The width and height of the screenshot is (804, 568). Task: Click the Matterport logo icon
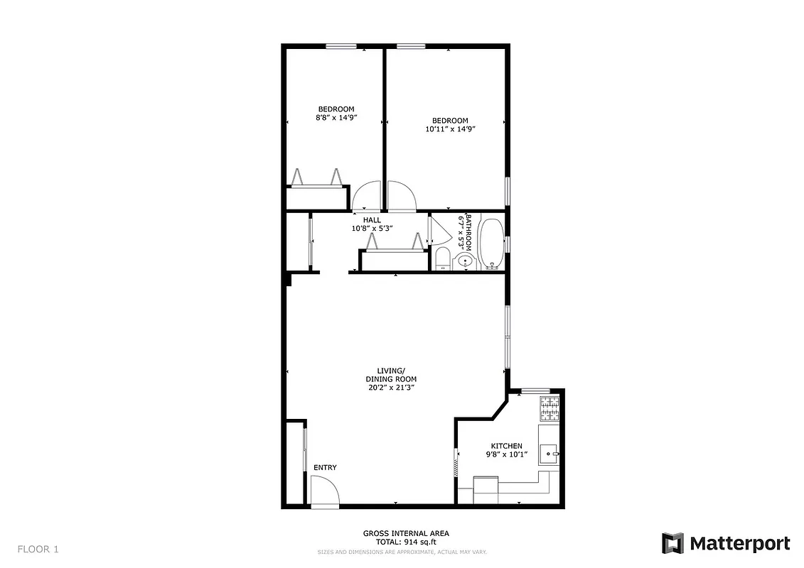pos(672,543)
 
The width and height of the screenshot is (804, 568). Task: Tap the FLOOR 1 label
pos(38,549)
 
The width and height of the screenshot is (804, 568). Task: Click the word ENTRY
pos(325,467)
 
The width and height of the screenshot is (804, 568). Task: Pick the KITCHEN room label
pos(506,446)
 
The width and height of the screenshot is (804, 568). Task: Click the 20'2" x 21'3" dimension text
pos(391,388)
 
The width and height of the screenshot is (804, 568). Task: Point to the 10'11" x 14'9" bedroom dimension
pos(449,129)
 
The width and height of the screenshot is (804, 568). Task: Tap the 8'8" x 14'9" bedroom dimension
pos(336,118)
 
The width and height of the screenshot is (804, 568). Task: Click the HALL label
pos(372,220)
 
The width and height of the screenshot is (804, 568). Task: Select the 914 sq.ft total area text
pos(405,542)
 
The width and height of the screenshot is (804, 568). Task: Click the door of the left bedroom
pos(367,197)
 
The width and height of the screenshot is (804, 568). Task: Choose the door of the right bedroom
pos(401,197)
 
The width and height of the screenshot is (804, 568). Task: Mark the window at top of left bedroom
pos(341,47)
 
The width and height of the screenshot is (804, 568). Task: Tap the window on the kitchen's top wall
pos(535,390)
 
